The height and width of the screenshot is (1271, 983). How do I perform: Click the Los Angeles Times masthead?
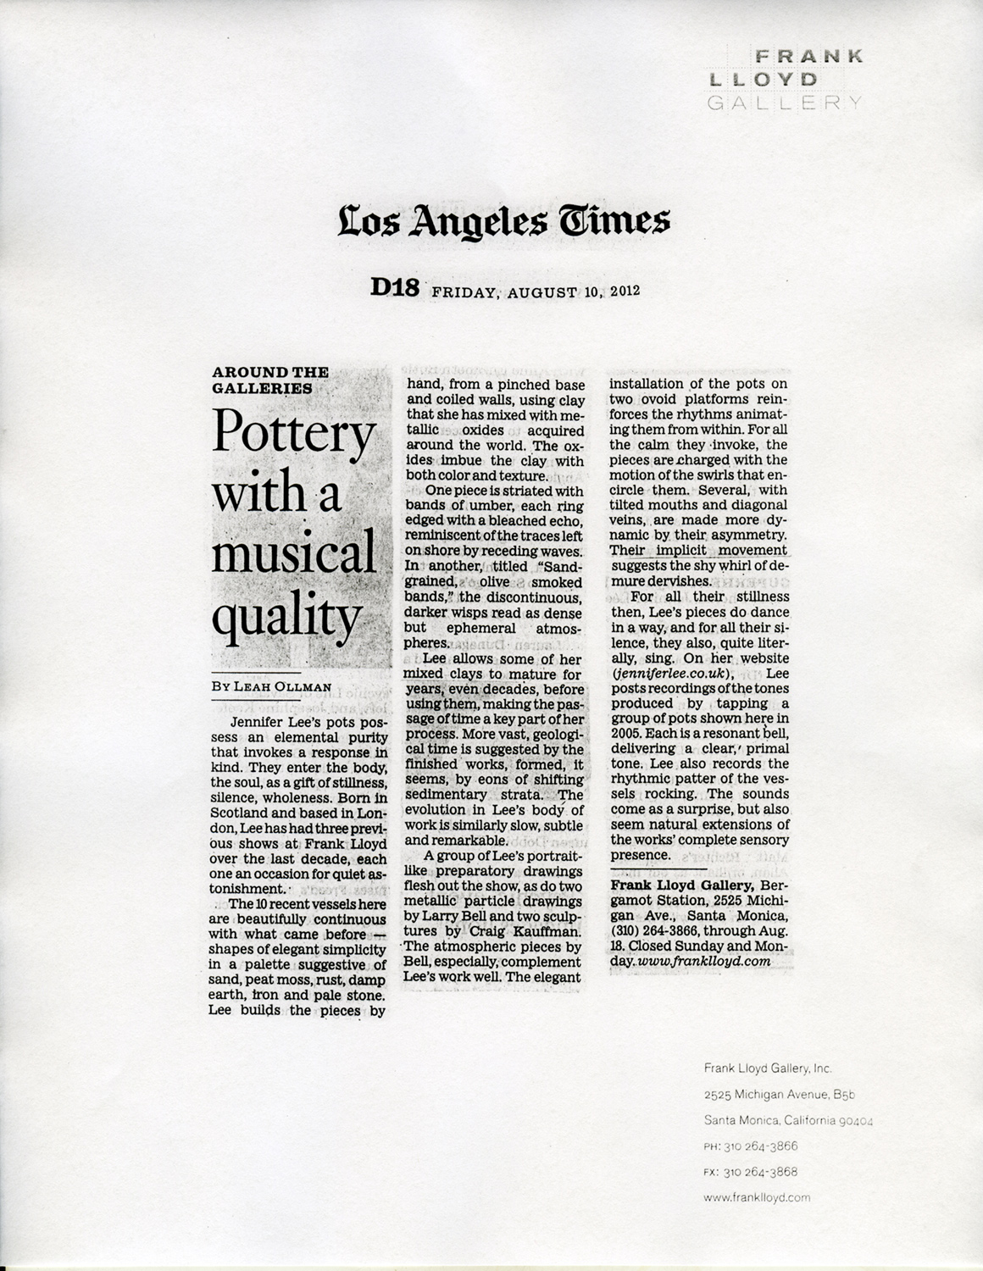[504, 221]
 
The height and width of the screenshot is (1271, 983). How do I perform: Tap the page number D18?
[395, 289]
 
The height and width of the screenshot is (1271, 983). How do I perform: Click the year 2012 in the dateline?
[623, 291]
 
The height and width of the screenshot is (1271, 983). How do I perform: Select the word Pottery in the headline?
[292, 434]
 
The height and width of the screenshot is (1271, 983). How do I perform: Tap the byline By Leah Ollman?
[271, 686]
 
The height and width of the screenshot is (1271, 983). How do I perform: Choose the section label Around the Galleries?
[269, 380]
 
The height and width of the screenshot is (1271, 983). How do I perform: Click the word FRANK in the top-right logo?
[808, 57]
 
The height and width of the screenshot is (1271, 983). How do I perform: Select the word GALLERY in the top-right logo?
[784, 103]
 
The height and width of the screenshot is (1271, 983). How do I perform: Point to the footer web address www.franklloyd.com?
[757, 1197]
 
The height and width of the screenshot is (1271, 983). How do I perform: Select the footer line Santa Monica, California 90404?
[788, 1120]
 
